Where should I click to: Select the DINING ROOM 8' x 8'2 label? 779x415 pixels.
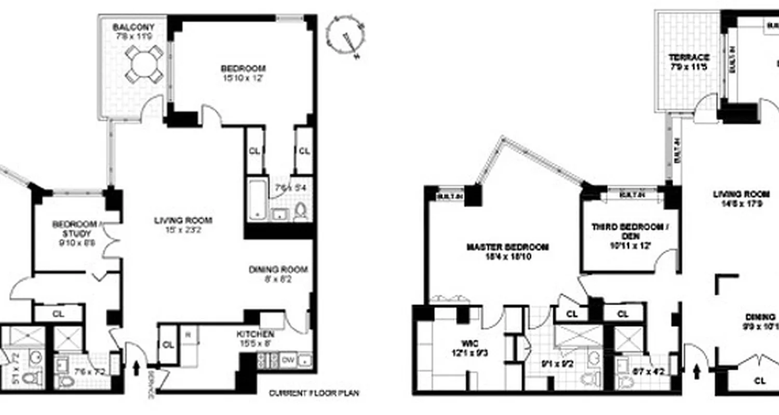coord(278,269)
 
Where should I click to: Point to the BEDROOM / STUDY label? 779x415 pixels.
coord(75,224)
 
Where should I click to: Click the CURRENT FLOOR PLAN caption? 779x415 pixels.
coord(314,393)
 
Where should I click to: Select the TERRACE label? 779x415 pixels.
coord(689,57)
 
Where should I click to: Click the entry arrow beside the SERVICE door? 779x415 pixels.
coord(137,368)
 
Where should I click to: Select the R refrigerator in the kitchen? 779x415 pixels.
coord(188,335)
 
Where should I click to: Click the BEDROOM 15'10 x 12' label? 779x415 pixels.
coord(243,68)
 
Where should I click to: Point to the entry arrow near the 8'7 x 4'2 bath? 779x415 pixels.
coord(696,370)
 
